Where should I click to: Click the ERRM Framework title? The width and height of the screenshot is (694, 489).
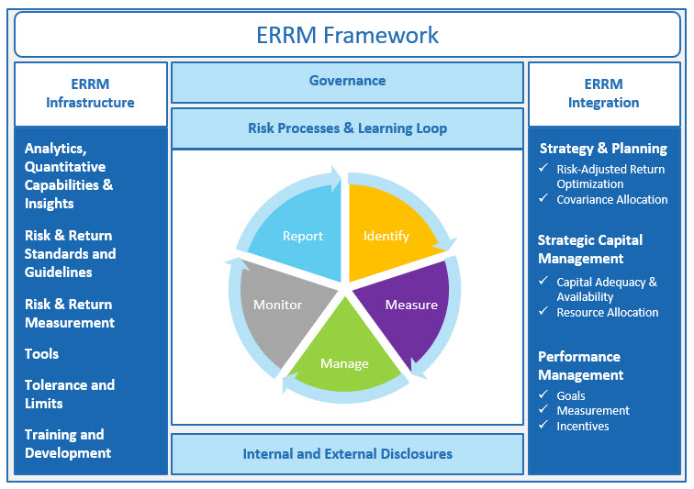point(347,35)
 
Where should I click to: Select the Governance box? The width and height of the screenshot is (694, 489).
point(347,81)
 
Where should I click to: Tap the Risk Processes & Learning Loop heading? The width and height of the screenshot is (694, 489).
point(347,128)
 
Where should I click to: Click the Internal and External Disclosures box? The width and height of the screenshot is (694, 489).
point(347,453)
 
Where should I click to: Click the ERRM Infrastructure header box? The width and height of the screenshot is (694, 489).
point(90,94)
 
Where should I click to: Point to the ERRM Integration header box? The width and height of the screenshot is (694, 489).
point(603,94)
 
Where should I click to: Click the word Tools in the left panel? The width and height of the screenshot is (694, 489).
point(42,354)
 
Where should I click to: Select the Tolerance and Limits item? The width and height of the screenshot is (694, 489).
point(70,395)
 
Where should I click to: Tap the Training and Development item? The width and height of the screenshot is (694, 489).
point(68,444)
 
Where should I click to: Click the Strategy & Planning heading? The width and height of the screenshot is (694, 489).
point(603,149)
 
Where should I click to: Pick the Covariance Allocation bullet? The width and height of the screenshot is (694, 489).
point(611,199)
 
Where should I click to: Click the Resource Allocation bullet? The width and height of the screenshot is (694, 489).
point(607,312)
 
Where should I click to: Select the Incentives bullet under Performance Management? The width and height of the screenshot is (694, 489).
point(582,426)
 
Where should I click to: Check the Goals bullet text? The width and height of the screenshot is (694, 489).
point(571,395)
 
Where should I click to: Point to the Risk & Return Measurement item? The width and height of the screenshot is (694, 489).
point(70,314)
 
